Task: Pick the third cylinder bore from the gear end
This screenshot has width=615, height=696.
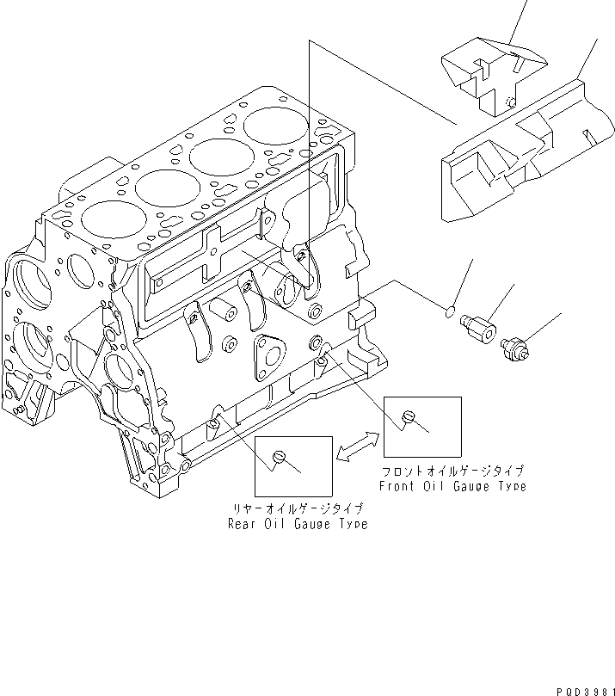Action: (x=220, y=157)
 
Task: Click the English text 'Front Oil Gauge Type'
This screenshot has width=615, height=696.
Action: (x=452, y=486)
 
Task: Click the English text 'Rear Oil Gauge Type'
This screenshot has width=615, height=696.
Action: (x=297, y=524)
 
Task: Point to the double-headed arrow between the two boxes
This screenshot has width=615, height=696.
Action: (x=357, y=445)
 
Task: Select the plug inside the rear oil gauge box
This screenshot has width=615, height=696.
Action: (x=278, y=456)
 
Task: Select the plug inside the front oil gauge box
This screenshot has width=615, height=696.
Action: (x=409, y=417)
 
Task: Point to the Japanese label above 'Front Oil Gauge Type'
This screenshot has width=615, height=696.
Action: (x=453, y=471)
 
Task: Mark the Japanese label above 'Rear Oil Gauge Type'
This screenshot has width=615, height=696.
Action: (x=297, y=509)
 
